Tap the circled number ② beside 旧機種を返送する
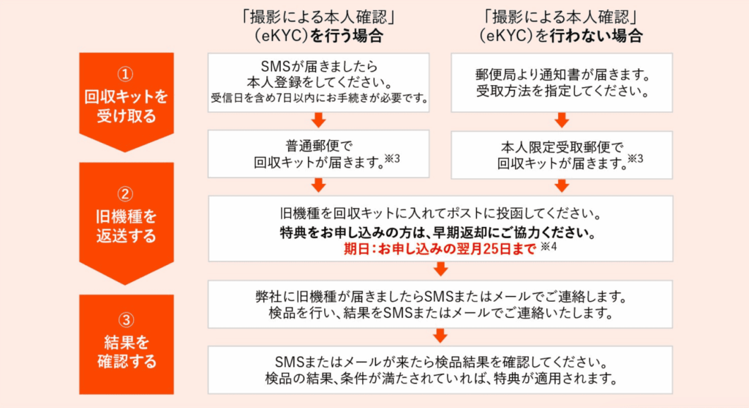pyautogui.click(x=126, y=194)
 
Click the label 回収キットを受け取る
pyautogui.click(x=126, y=105)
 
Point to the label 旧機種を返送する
pyautogui.click(x=126, y=226)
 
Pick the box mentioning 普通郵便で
pyautogui.click(x=319, y=154)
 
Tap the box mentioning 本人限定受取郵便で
pyautogui.click(x=562, y=155)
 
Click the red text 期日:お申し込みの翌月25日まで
pyautogui.click(x=440, y=248)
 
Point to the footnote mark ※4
pyautogui.click(x=549, y=248)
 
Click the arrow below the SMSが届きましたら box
pyautogui.click(x=319, y=119)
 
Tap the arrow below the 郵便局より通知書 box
pyautogui.click(x=562, y=119)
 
